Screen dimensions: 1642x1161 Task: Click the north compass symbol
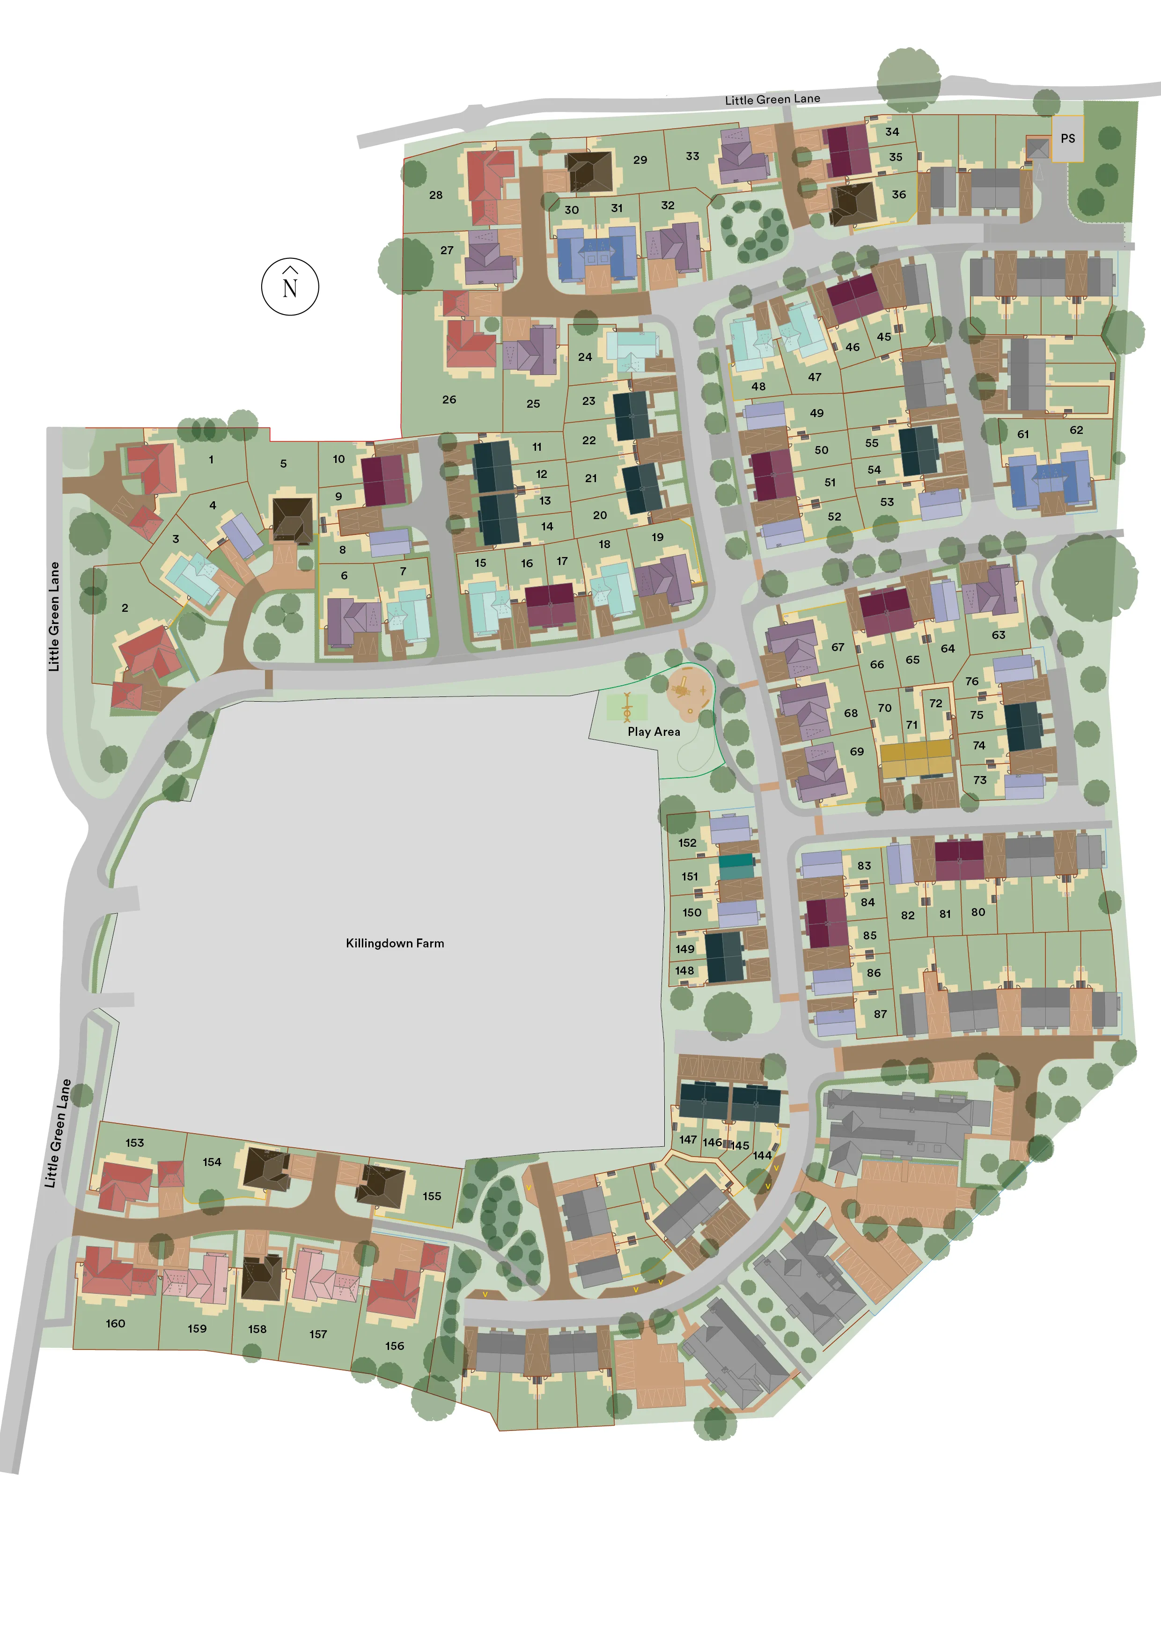(290, 286)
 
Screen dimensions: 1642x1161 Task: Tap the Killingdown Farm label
(395, 943)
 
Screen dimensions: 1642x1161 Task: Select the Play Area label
(654, 732)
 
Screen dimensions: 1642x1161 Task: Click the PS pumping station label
(1067, 139)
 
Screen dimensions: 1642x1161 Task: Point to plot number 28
(436, 195)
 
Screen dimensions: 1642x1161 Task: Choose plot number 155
(431, 1196)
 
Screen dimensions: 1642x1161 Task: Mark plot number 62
(1076, 430)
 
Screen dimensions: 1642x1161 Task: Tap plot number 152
(687, 843)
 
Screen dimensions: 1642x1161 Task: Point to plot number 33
(692, 156)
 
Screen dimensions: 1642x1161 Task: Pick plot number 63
(998, 634)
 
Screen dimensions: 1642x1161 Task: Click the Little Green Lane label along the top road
(772, 99)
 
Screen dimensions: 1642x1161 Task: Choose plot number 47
(814, 377)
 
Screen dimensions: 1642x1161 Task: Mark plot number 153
(134, 1143)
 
